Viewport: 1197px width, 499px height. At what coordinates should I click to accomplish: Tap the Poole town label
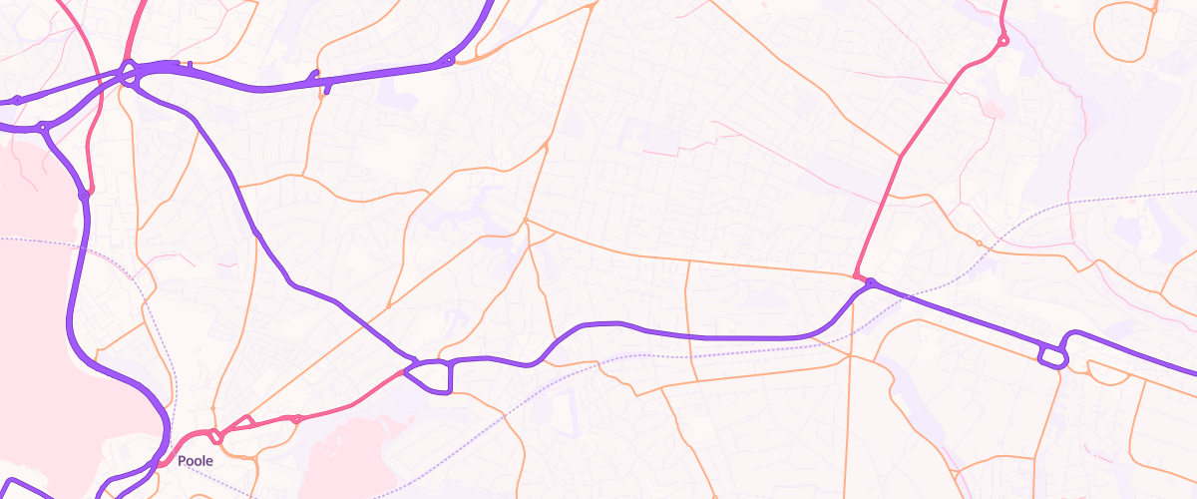point(196,462)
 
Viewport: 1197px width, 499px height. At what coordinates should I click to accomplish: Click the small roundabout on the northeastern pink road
point(1002,41)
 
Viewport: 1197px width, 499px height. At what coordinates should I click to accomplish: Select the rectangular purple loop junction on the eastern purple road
point(1051,356)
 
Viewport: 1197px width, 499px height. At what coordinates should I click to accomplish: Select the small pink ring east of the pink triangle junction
point(296,419)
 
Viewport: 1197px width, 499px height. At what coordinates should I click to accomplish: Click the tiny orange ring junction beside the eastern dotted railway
point(979,244)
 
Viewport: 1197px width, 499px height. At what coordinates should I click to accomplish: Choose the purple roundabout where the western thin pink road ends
point(84,196)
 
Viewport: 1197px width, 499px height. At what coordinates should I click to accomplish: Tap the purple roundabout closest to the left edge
point(17,100)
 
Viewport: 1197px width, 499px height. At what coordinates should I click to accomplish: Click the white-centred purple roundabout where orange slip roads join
point(449,61)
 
